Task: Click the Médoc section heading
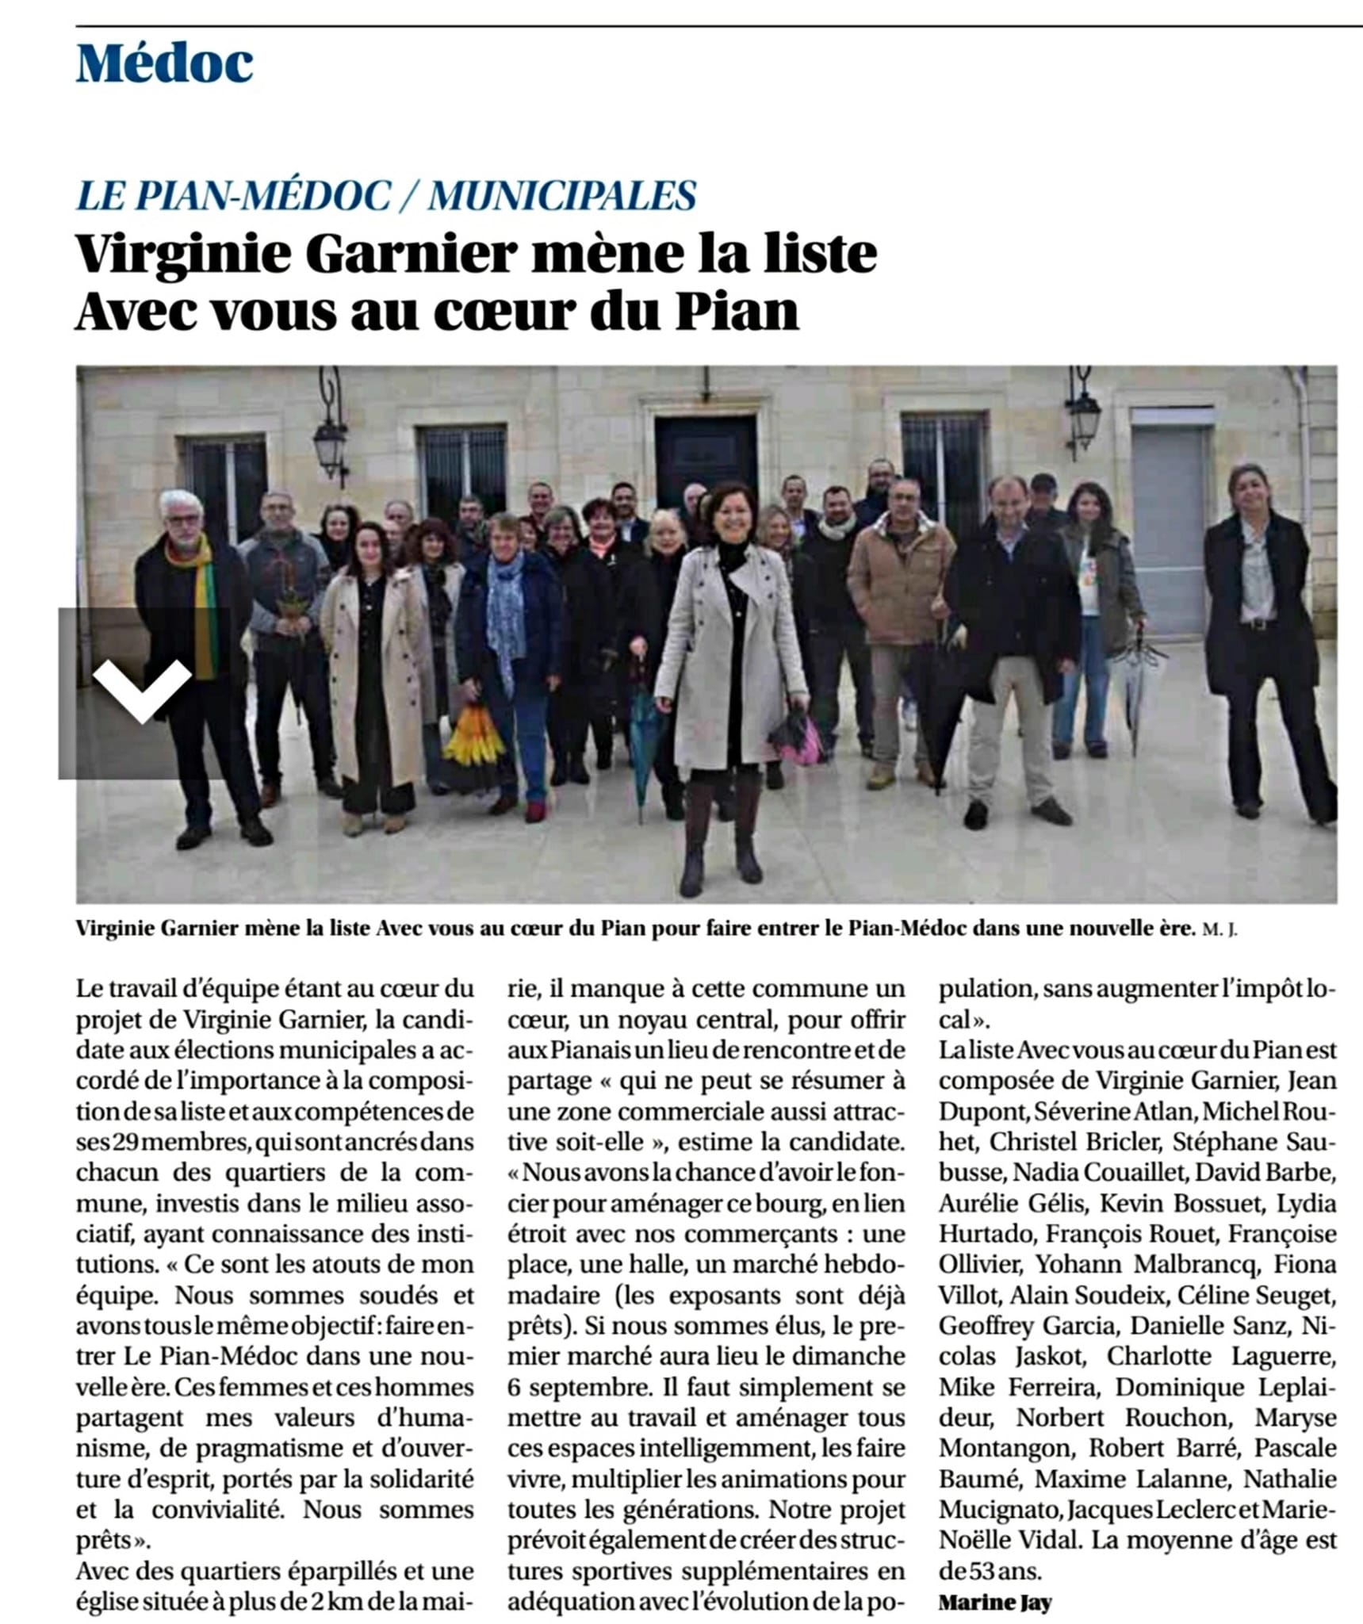165,63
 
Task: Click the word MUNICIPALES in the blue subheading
562,195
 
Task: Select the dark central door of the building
705,459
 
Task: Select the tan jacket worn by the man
900,587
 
